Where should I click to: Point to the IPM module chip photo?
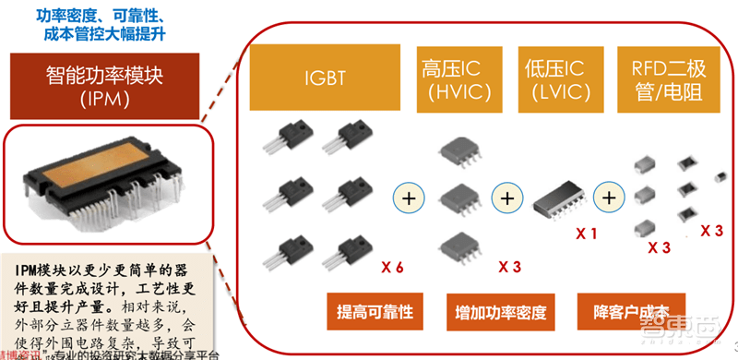pos(109,180)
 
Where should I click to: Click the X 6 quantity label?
pos(393,268)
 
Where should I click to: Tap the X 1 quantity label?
pos(588,234)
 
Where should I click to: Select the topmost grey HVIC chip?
pos(458,154)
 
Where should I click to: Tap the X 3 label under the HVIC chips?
pos(510,268)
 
